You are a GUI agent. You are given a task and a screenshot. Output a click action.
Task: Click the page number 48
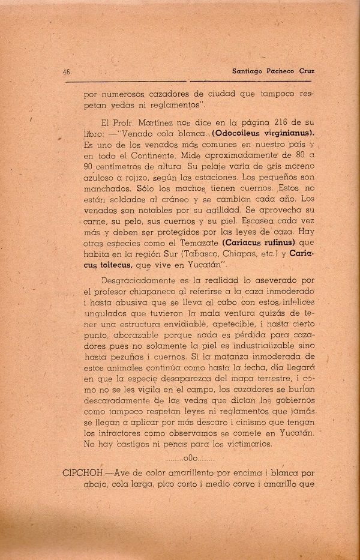[67, 71]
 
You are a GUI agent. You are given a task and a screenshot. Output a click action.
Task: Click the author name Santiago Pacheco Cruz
[273, 71]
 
